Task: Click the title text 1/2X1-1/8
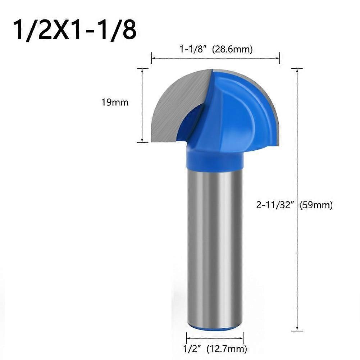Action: [75, 30]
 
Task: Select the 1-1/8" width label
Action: [194, 49]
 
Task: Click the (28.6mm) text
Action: [232, 49]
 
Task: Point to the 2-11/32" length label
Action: [276, 205]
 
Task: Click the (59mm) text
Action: [316, 205]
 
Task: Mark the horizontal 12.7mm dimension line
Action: [215, 338]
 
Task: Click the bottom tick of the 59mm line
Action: [297, 331]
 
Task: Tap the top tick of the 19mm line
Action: [143, 69]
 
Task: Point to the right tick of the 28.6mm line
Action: [279, 57]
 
